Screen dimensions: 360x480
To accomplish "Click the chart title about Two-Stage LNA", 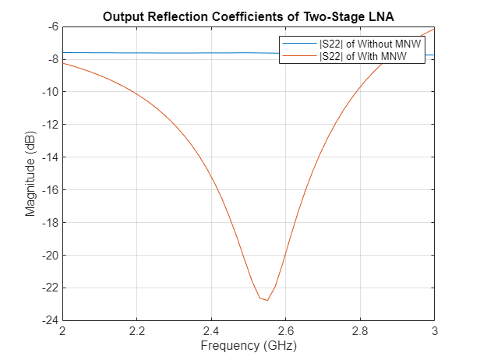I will pyautogui.click(x=249, y=17).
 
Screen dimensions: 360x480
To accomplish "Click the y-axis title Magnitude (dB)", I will pyautogui.click(x=31, y=173).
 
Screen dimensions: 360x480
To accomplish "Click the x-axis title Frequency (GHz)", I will pyautogui.click(x=249, y=345).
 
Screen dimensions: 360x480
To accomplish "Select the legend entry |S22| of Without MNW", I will pyautogui.click(x=369, y=44).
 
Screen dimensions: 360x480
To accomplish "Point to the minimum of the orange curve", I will pyautogui.click(x=267, y=300).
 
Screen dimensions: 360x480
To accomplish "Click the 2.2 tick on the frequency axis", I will pyautogui.click(x=137, y=332).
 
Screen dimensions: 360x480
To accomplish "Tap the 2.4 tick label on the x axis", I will pyautogui.click(x=211, y=332).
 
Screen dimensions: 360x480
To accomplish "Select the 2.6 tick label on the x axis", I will pyautogui.click(x=285, y=332).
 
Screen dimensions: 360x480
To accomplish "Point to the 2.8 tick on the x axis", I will pyautogui.click(x=360, y=332).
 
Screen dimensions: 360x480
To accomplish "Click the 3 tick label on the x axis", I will pyautogui.click(x=434, y=332).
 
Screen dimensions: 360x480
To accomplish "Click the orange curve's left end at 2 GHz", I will pyautogui.click(x=63, y=63).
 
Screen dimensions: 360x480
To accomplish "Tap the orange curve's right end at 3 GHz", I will pyautogui.click(x=434, y=28).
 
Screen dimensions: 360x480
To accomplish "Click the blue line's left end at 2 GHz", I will pyautogui.click(x=63, y=52).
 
